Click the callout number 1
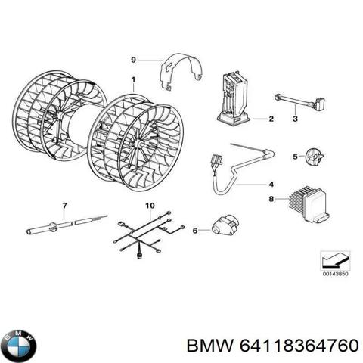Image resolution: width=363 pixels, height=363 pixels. point(133,80)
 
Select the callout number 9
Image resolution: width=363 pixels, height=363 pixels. point(133,59)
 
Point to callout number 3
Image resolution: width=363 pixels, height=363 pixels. point(294,117)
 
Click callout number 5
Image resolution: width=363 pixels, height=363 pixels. point(274,157)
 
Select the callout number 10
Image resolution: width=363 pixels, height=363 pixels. point(149,206)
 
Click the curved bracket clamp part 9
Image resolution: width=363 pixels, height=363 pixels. point(182,70)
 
